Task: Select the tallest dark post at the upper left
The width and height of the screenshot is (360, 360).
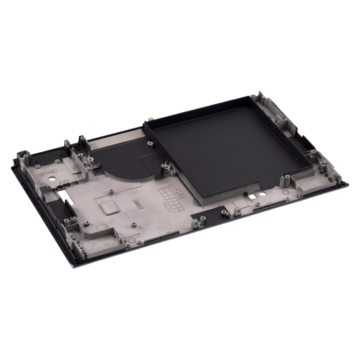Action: point(81,141)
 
